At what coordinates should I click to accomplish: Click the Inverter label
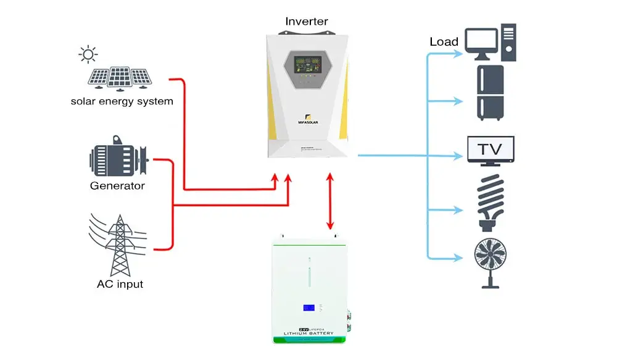(x=307, y=22)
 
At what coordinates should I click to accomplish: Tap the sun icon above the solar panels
(x=88, y=54)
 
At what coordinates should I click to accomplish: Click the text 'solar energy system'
(x=122, y=101)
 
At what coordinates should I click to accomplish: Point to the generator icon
(x=118, y=161)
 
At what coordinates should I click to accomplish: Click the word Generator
(x=117, y=185)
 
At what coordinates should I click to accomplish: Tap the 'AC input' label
(x=120, y=285)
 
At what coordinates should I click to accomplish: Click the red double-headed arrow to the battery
(x=330, y=201)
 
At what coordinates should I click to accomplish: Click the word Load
(x=444, y=43)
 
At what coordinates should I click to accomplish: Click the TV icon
(x=491, y=150)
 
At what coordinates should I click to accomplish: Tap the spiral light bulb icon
(x=492, y=201)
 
